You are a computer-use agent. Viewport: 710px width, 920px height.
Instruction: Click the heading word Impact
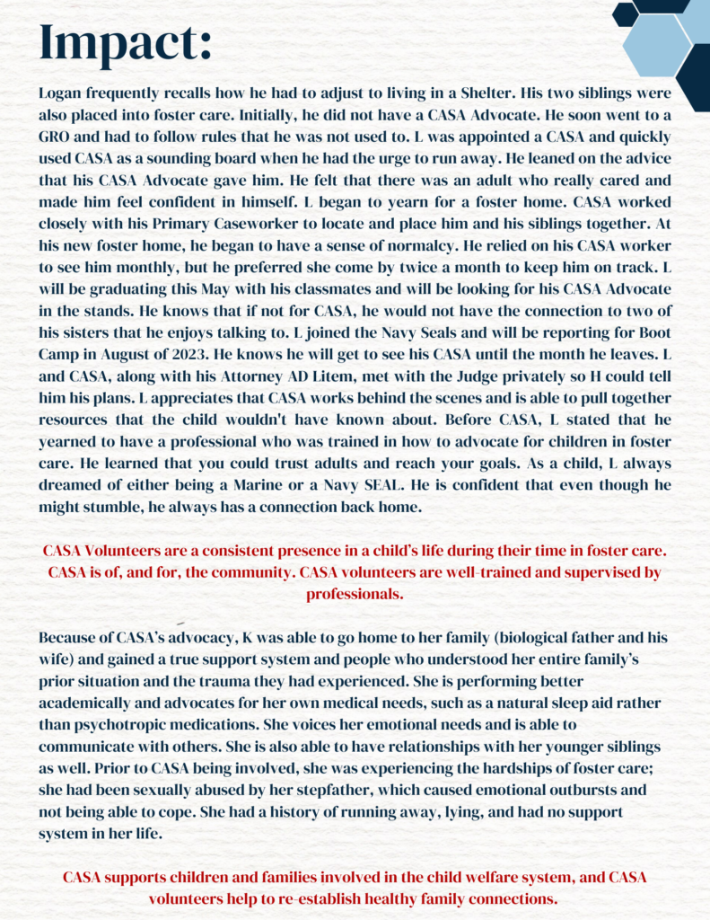point(126,41)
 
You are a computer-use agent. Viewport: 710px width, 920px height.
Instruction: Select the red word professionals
point(355,594)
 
